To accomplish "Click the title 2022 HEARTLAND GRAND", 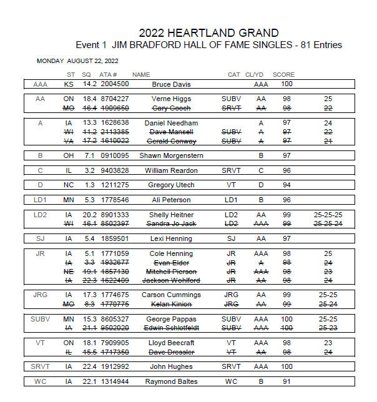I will [x=208, y=33].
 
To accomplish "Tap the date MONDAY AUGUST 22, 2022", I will [x=77, y=61].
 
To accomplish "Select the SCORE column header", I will [x=283, y=75].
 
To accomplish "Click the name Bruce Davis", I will [x=171, y=84].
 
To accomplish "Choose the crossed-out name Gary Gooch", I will [x=171, y=108].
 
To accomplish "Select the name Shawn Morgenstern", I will [x=171, y=155].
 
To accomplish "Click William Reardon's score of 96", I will [x=286, y=170].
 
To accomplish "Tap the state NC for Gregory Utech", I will [x=70, y=185].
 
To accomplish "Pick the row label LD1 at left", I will [x=40, y=200].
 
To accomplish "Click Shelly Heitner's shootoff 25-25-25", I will [x=328, y=214].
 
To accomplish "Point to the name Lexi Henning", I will [x=171, y=238].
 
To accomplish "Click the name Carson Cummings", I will [x=171, y=295].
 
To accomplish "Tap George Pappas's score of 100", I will [x=286, y=319].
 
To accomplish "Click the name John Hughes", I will [x=171, y=366].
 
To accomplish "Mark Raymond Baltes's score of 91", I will [x=286, y=381].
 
